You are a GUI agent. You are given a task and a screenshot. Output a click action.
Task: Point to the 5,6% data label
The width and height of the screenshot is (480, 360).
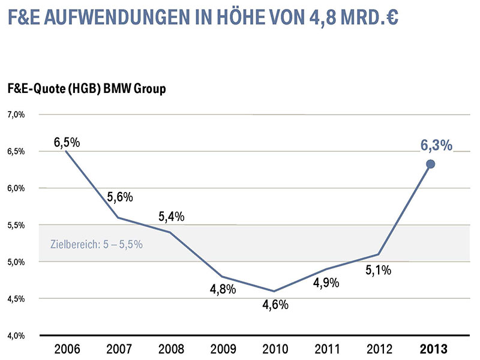coord(120,197)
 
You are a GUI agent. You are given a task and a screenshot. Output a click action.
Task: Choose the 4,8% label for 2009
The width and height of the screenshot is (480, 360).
coord(223,289)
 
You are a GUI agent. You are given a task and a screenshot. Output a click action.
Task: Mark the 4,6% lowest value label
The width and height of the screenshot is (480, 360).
coord(276,304)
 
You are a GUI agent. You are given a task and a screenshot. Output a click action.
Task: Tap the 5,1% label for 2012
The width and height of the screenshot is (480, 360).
coord(379,270)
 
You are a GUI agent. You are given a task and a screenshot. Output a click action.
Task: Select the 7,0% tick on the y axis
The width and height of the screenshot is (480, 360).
coord(16,114)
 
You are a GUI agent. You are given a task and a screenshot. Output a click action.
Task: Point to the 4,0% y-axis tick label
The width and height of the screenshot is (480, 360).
coord(16,335)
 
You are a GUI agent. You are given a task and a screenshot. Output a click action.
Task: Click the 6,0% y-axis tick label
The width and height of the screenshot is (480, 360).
coord(16,188)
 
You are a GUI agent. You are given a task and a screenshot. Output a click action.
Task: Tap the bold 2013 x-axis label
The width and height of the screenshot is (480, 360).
coord(431,349)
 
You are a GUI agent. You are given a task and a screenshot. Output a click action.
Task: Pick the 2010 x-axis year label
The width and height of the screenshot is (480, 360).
coord(275,349)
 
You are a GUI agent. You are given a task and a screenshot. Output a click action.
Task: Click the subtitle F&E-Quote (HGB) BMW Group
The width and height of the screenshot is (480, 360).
coord(86,89)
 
